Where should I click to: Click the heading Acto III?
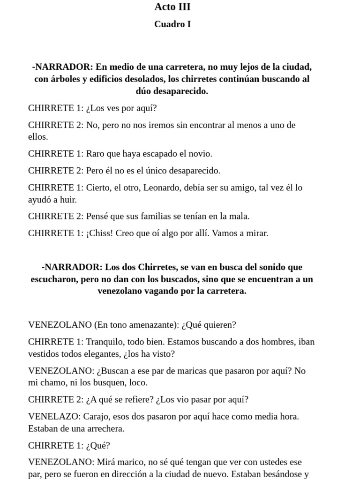[x=172, y=7]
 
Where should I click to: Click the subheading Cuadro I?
[x=172, y=24]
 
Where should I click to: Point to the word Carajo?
[x=99, y=416]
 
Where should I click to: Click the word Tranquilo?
[x=105, y=342]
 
